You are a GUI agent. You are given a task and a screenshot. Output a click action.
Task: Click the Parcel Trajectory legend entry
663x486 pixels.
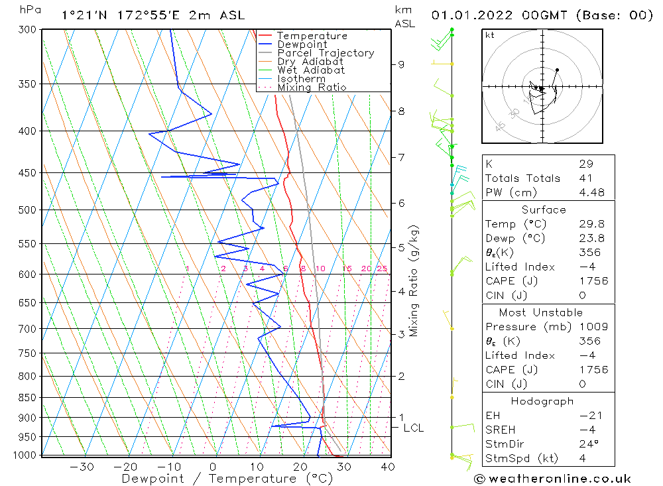326,53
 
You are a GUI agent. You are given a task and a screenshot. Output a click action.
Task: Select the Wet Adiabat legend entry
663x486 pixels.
311,70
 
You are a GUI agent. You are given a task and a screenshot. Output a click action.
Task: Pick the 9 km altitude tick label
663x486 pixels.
401,64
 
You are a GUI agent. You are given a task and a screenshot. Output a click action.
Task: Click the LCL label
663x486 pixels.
413,428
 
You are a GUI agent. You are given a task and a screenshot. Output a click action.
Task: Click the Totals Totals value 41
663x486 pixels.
583,178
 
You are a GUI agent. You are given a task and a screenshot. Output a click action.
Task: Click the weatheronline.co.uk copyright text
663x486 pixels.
552,478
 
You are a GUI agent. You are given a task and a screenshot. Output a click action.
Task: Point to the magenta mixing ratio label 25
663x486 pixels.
382,269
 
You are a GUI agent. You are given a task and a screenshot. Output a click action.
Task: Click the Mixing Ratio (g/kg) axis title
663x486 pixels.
414,282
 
